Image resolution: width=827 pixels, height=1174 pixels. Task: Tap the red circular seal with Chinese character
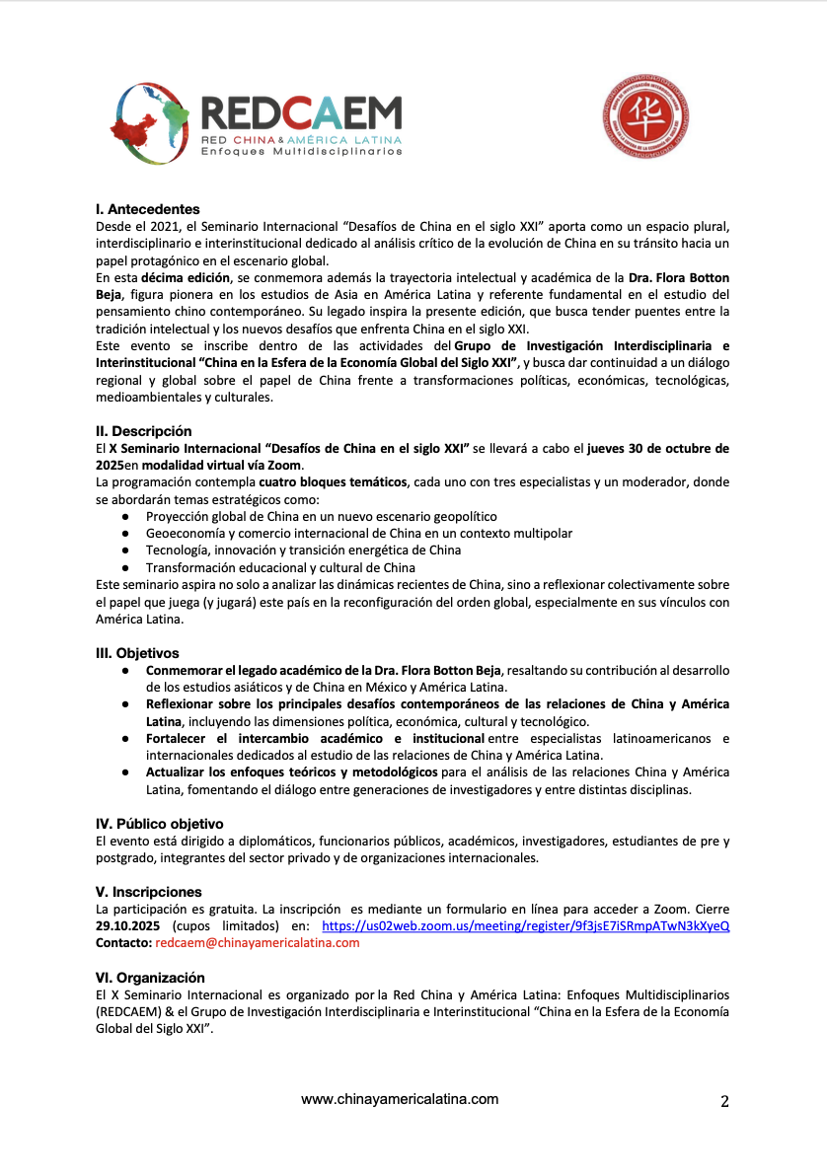tap(645, 118)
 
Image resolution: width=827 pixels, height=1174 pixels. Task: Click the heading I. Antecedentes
tap(147, 209)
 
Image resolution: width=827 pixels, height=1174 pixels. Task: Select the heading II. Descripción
tap(143, 431)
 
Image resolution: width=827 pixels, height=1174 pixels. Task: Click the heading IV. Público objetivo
tap(159, 824)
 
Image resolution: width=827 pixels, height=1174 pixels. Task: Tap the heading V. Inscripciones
tap(148, 892)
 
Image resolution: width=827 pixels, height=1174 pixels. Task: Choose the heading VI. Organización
tap(150, 978)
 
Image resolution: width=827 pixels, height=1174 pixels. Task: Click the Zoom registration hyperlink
tap(526, 926)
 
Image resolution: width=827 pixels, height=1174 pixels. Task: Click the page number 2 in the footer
tap(724, 1102)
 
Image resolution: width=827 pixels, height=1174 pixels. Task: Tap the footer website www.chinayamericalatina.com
tap(400, 1099)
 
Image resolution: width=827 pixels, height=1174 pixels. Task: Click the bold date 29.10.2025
tap(128, 926)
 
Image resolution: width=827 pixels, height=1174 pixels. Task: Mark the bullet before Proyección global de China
tap(125, 516)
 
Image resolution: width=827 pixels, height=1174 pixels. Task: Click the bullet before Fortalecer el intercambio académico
tap(125, 739)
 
